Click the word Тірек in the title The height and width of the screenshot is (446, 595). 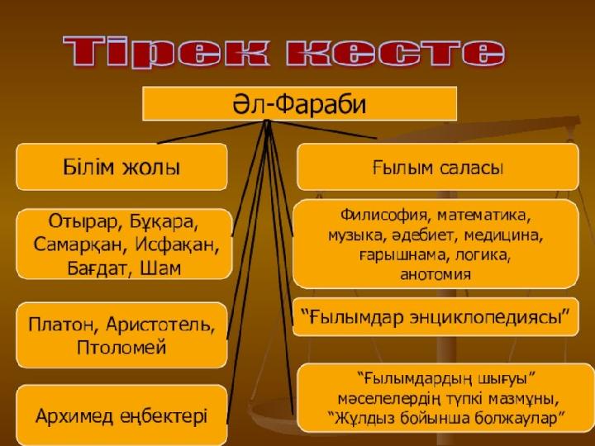(x=167, y=51)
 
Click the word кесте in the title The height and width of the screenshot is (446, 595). (x=396, y=51)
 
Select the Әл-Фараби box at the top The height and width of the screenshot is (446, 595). (x=299, y=103)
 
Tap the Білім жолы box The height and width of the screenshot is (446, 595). (x=121, y=167)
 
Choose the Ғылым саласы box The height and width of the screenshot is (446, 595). (x=437, y=167)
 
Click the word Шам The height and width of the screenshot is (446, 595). (x=161, y=268)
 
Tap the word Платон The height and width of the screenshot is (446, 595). (x=64, y=325)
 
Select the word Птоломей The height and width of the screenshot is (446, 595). (x=121, y=348)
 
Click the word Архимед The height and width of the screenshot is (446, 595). (x=74, y=416)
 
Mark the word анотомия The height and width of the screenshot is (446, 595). (x=436, y=274)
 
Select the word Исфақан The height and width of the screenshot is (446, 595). (x=177, y=245)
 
